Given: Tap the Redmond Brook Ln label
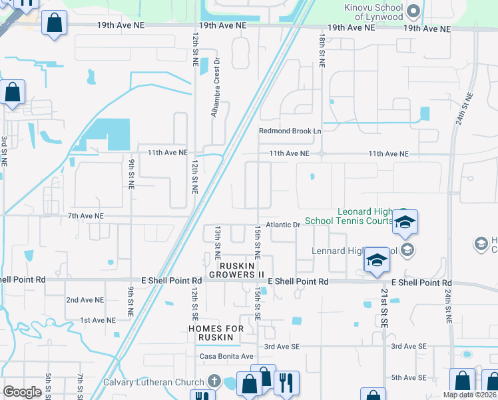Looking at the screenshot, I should [290, 131].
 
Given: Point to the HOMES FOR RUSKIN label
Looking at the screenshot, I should [211, 333].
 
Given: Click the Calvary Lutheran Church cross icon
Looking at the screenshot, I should [214, 382].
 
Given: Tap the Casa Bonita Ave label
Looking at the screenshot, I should [226, 356].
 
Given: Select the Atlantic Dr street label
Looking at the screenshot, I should [284, 225].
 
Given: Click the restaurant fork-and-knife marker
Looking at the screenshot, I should [286, 383].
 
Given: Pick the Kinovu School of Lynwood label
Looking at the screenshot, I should [373, 11].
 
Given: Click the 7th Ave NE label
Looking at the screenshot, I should [86, 216].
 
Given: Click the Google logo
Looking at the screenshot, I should [22, 392].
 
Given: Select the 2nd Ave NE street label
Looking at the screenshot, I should [85, 301].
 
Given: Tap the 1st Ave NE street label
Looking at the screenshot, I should [98, 321].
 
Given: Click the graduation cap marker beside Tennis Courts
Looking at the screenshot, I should [405, 223].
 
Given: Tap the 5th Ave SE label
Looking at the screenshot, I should [408, 377].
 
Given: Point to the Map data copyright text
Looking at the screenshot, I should [470, 395].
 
